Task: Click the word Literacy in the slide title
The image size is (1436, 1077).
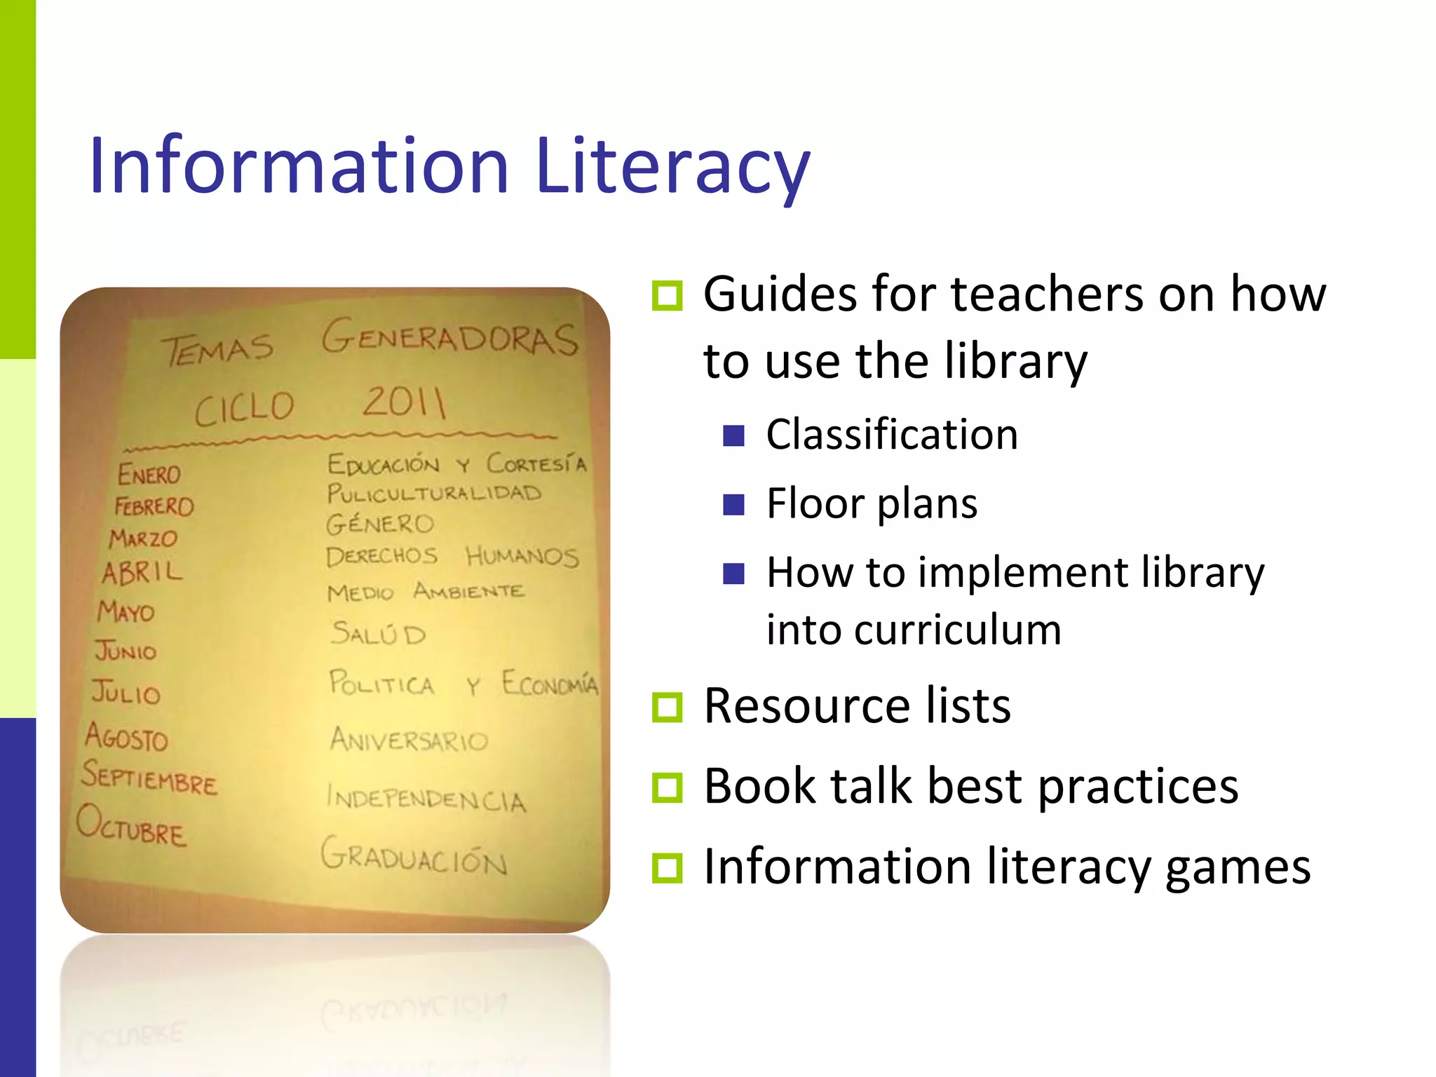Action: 672,166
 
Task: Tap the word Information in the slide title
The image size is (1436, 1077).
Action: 299,166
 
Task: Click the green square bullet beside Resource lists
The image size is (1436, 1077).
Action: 667,707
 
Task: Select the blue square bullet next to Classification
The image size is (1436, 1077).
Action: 733,436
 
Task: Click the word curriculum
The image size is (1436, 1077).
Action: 914,629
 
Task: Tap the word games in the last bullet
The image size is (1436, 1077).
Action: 1238,867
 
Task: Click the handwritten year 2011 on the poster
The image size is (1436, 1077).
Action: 404,402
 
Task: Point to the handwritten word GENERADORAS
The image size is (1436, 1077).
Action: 450,338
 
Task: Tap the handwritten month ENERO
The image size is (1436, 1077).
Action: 149,474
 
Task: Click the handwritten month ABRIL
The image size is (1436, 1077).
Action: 142,571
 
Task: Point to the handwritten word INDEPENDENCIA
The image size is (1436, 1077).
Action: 426,798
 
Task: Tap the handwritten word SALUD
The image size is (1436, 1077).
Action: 379,633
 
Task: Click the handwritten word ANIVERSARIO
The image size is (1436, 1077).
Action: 409,739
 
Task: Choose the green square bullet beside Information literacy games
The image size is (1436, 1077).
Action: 667,867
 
